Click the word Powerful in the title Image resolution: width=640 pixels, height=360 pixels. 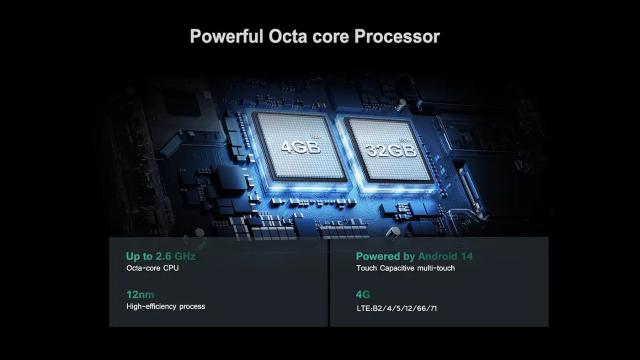pyautogui.click(x=227, y=36)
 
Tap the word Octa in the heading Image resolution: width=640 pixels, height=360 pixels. pyautogui.click(x=288, y=36)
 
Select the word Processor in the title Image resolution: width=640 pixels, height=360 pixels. pyautogui.click(x=397, y=36)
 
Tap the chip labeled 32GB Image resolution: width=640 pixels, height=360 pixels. pyautogui.click(x=390, y=150)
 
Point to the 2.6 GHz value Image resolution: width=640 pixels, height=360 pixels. pyautogui.click(x=176, y=256)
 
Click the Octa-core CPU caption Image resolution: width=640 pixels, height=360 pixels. pyautogui.click(x=152, y=268)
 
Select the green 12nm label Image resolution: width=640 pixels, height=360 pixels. pyautogui.click(x=140, y=294)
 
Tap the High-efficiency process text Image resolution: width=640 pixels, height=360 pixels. pyautogui.click(x=166, y=307)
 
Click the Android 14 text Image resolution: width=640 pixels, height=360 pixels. pyautogui.click(x=445, y=256)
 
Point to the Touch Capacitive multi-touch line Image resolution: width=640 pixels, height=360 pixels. pyautogui.click(x=405, y=268)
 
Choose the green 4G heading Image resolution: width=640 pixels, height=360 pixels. pyautogui.click(x=363, y=294)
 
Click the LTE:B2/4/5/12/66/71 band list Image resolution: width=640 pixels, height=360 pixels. pyautogui.click(x=397, y=308)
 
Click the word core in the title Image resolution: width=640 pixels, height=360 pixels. pyautogui.click(x=331, y=36)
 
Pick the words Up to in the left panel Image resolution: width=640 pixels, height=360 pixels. pyautogui.click(x=139, y=256)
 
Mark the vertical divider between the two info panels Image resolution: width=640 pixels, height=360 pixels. pyautogui.click(x=329, y=282)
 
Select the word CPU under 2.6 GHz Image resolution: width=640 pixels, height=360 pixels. pyautogui.click(x=171, y=268)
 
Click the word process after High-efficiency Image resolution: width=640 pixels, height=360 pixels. pyautogui.click(x=192, y=307)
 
